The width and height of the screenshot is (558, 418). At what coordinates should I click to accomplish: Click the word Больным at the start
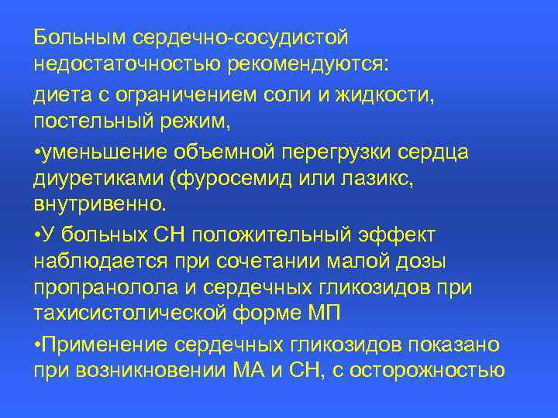click(x=81, y=37)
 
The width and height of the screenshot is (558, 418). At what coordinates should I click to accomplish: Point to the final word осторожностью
click(x=429, y=371)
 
